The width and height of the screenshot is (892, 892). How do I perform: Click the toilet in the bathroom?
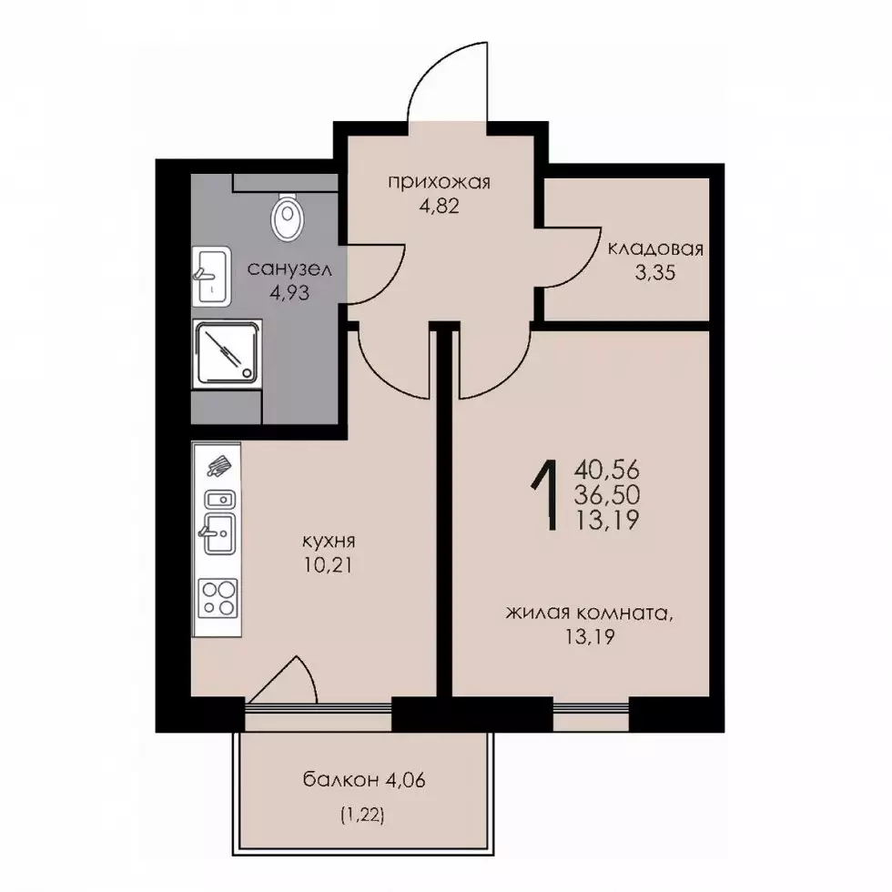(x=288, y=218)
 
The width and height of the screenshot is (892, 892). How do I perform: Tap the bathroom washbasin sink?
(x=211, y=277)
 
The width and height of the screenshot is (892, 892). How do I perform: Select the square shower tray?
(x=227, y=354)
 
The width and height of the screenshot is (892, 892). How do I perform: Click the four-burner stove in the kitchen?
(x=218, y=598)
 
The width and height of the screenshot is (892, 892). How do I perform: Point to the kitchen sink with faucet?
(x=219, y=533)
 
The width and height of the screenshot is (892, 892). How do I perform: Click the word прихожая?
(x=439, y=183)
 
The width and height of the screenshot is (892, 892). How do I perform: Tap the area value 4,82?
(x=439, y=206)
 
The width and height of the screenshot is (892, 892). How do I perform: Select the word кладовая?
(x=655, y=249)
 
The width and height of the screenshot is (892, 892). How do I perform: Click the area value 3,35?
(x=655, y=272)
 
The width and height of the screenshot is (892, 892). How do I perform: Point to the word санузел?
(x=289, y=269)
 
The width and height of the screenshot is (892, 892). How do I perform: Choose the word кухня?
(x=329, y=541)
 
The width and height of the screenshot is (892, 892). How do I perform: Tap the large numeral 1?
(x=544, y=495)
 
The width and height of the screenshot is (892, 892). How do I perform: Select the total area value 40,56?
(x=607, y=471)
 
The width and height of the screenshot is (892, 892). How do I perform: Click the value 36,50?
(x=607, y=495)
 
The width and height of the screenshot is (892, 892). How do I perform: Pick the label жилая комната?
(x=587, y=613)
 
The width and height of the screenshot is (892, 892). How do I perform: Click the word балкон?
(x=340, y=779)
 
